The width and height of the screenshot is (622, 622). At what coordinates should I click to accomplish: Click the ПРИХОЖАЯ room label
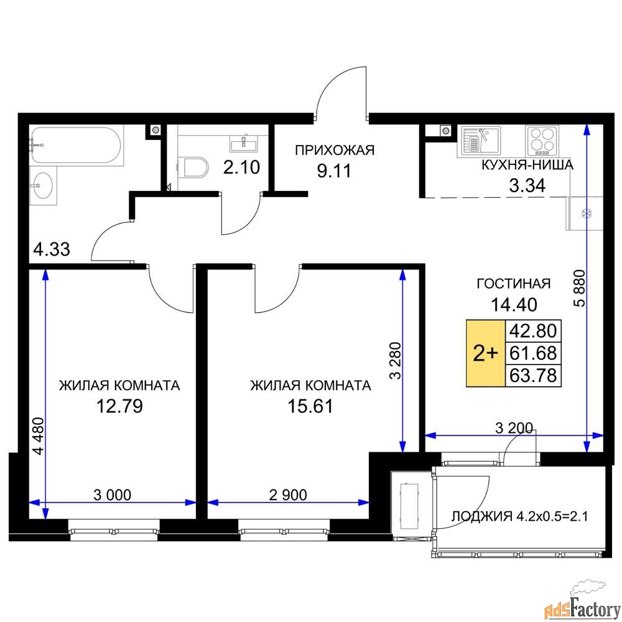(x=335, y=151)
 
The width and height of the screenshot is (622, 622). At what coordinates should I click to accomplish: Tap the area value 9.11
(x=334, y=171)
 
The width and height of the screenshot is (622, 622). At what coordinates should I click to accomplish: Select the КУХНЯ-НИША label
(x=527, y=165)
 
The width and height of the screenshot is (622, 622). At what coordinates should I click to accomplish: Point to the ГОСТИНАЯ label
(x=514, y=284)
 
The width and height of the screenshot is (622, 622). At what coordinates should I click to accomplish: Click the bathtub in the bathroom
(x=76, y=145)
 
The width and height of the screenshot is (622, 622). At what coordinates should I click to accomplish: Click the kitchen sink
(x=480, y=139)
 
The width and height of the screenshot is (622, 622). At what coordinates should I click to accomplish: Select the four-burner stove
(x=542, y=141)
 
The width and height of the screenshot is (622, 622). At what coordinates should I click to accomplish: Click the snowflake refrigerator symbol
(x=587, y=214)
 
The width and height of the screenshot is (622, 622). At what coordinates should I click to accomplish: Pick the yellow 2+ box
(x=486, y=353)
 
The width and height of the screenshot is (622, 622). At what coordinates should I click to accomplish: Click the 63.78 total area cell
(x=533, y=375)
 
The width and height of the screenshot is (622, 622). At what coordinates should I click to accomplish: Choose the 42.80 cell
(x=533, y=330)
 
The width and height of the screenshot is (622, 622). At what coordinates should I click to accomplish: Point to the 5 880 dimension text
(x=580, y=288)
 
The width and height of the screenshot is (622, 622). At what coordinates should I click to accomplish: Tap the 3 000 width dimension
(x=112, y=494)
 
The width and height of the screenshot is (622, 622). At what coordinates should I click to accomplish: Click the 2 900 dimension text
(x=288, y=494)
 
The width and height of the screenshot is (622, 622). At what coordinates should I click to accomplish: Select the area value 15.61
(x=310, y=406)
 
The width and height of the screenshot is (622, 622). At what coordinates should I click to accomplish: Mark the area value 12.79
(x=119, y=406)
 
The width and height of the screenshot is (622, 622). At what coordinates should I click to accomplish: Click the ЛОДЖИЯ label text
(x=482, y=516)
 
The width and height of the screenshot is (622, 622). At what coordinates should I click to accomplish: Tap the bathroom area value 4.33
(x=52, y=249)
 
